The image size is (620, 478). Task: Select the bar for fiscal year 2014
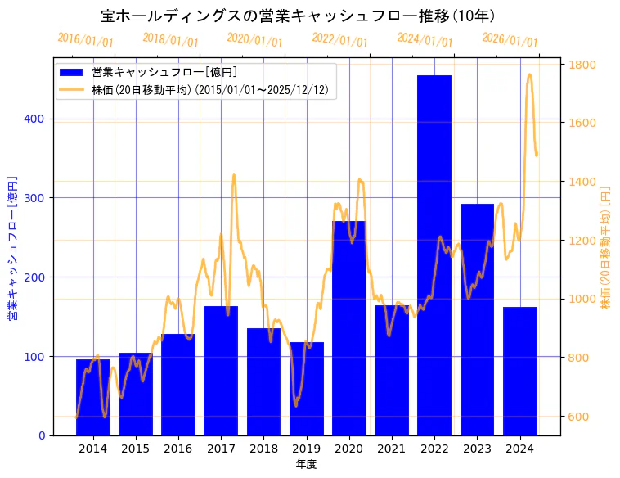pyautogui.click(x=93, y=397)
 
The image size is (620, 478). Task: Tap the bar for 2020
pyautogui.click(x=349, y=327)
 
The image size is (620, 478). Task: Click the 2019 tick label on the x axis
pyautogui.click(x=307, y=449)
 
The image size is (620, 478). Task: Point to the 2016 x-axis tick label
pyautogui.click(x=178, y=449)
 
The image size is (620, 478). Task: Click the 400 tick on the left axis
pyautogui.click(x=38, y=119)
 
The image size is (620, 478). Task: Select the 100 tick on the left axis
pyautogui.click(x=38, y=357)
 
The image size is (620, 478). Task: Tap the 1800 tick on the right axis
pyautogui.click(x=582, y=65)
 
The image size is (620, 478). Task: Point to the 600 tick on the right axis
pyautogui.click(x=579, y=417)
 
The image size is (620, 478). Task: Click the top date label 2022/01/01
pyautogui.click(x=339, y=40)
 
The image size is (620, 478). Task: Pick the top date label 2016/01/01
pyautogui.click(x=85, y=40)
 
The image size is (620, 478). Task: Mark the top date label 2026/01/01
pyautogui.click(x=510, y=40)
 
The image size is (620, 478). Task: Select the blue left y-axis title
pyautogui.click(x=12, y=246)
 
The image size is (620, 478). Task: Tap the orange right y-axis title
pyautogui.click(x=606, y=246)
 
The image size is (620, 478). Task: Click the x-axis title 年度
pyautogui.click(x=306, y=464)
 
